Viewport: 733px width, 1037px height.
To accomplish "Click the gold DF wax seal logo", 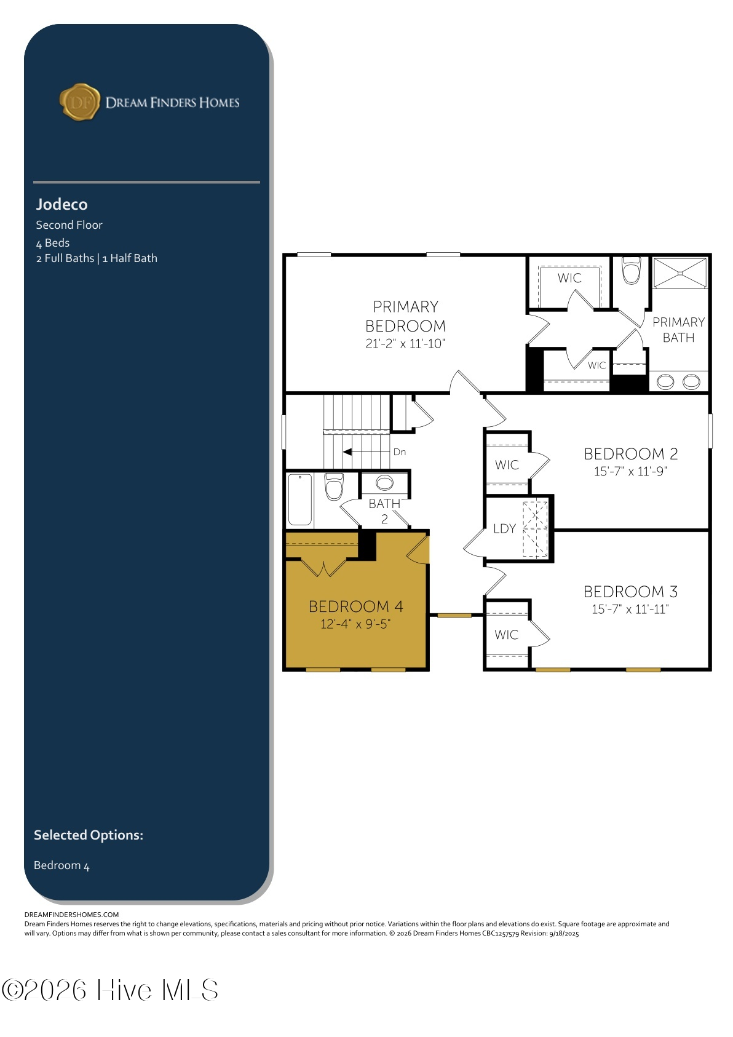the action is [x=79, y=102].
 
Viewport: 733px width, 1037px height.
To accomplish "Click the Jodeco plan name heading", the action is [x=61, y=204].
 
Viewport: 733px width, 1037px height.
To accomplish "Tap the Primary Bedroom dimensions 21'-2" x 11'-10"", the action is [x=405, y=343].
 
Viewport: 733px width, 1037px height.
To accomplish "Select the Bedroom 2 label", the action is [x=631, y=454].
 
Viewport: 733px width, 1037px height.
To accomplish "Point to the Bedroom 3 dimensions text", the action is [x=630, y=609].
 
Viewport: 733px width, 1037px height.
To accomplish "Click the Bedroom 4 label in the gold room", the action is [x=356, y=606].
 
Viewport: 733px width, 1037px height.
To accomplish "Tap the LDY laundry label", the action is [x=504, y=529].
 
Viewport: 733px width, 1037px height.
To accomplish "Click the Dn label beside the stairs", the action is [x=399, y=452].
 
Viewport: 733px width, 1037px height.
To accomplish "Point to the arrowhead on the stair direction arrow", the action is [x=347, y=452].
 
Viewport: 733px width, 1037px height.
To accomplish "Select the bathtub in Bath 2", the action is [x=300, y=499].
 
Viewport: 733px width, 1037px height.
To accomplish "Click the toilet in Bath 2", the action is [x=334, y=486].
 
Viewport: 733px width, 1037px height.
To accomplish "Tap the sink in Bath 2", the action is [x=384, y=483].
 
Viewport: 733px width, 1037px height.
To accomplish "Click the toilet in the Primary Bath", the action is [x=631, y=271].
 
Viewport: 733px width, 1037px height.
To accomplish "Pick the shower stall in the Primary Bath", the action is [x=680, y=274].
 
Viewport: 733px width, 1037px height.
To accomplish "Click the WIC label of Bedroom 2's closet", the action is [x=507, y=465].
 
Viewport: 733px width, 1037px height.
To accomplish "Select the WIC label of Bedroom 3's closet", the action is [x=506, y=635].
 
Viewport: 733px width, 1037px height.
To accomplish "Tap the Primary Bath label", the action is [x=678, y=330].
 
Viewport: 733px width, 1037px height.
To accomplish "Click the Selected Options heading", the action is [x=89, y=835].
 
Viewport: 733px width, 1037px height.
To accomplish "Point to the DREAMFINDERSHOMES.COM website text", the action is [x=72, y=915].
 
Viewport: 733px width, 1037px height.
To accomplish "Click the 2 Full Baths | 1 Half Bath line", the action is [x=97, y=258].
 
